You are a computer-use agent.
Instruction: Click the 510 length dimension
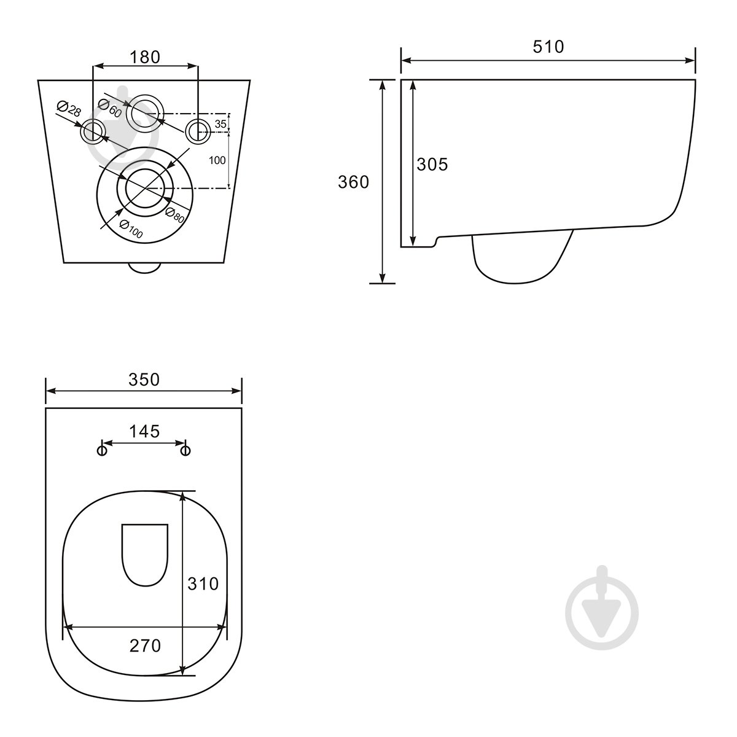tap(548, 47)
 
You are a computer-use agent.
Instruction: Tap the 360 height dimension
tap(353, 182)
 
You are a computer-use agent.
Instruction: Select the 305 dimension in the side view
tap(432, 165)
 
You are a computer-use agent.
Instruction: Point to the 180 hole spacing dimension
tap(145, 57)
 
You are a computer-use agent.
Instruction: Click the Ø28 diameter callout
tap(69, 109)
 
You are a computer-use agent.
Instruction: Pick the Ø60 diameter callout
tap(110, 108)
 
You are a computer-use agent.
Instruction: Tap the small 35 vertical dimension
tap(220, 124)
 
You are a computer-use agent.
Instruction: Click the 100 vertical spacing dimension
tap(217, 160)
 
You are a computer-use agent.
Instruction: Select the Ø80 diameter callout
tap(175, 216)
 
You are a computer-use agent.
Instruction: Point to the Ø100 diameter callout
tap(131, 229)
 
